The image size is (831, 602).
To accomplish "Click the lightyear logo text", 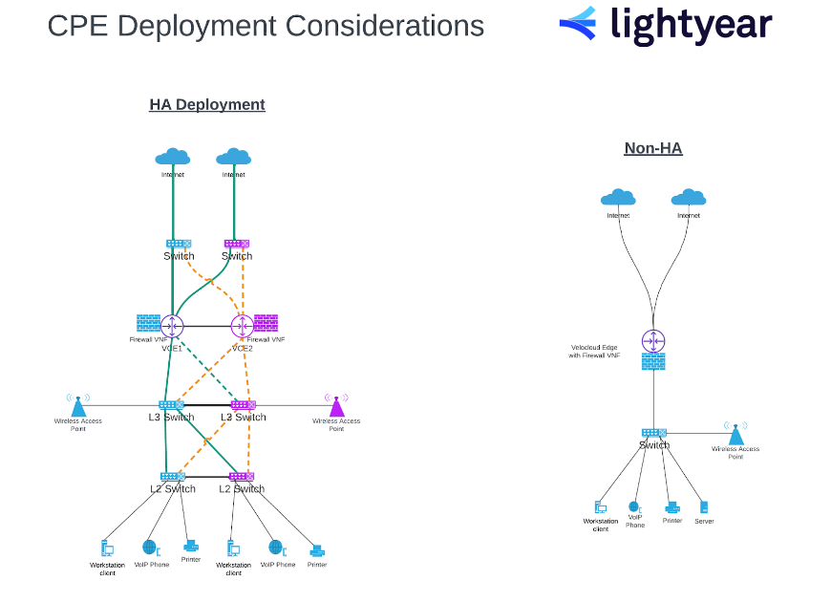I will point(691,26).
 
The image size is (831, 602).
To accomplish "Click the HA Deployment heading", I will point(207,104).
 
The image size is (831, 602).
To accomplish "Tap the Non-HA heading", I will point(653,148).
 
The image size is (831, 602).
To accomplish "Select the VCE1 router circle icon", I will point(172,326).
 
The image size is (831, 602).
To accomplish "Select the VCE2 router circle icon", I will point(243,326).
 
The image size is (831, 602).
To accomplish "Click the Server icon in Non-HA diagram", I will point(704,507).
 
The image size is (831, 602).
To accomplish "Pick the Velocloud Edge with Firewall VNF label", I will point(595,351).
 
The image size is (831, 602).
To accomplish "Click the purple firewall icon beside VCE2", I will point(266,323).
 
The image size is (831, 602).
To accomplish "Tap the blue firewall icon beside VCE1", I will point(148,323).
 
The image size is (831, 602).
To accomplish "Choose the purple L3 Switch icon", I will point(243,405).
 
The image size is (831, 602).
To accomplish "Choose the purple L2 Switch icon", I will point(242,476).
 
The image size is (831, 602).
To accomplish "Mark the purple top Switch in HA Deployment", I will point(236,244).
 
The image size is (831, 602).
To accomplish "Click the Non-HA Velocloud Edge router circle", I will point(653,340).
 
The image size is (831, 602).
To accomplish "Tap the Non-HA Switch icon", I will point(653,433).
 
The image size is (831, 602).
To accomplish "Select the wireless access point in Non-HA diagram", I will point(735,434).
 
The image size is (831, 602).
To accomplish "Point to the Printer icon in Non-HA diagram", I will point(672,507).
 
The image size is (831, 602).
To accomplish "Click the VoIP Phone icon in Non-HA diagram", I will point(634,506).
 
